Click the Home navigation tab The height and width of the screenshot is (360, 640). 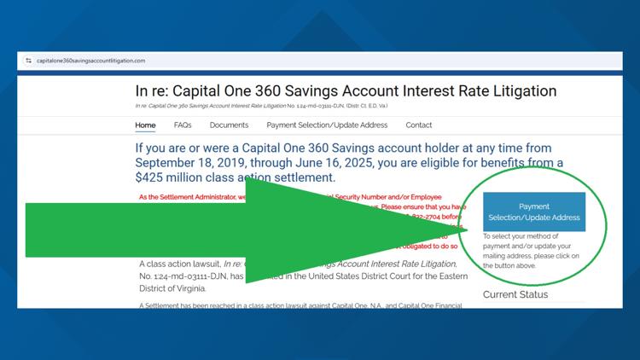tap(145, 125)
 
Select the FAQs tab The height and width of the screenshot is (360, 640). tap(183, 125)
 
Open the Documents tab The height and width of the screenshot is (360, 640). tap(229, 125)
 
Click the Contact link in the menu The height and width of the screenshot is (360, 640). tap(419, 125)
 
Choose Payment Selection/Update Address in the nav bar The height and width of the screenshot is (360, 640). tap(327, 125)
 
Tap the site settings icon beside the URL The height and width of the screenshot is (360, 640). tap(28, 61)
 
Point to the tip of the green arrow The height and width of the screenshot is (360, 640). tap(468, 231)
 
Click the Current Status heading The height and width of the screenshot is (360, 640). tap(515, 295)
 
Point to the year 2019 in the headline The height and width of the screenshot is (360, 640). tap(228, 163)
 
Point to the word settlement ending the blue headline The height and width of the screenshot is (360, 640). tap(304, 177)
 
